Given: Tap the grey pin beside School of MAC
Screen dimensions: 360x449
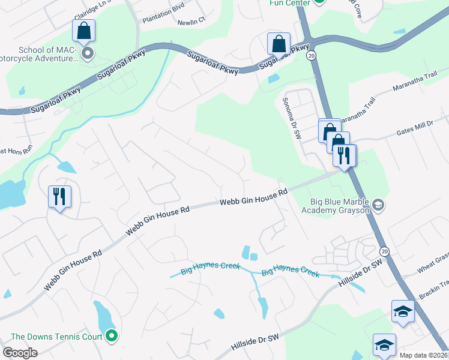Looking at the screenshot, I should pyautogui.click(x=88, y=54).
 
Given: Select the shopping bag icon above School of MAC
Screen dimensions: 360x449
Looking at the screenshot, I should pyautogui.click(x=84, y=31).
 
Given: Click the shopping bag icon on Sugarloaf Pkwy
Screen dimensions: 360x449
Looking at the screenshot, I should pyautogui.click(x=279, y=43).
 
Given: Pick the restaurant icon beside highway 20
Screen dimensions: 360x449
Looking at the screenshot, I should pyautogui.click(x=345, y=155).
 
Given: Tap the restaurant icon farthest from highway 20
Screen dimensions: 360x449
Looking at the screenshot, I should pyautogui.click(x=59, y=196).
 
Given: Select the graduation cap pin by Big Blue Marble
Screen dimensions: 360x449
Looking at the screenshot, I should pyautogui.click(x=378, y=206).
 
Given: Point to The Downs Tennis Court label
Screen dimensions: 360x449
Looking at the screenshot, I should pyautogui.click(x=56, y=337).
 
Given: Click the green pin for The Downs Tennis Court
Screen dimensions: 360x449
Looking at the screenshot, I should pyautogui.click(x=110, y=336).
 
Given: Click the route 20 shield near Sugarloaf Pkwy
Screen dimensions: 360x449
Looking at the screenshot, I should pyautogui.click(x=310, y=55).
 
